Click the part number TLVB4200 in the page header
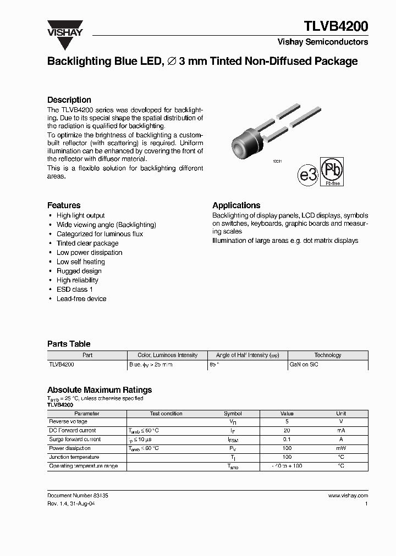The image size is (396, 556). (x=336, y=26)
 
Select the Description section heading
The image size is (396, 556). (x=69, y=100)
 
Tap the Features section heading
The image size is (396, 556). (x=64, y=205)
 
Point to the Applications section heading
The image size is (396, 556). (x=237, y=205)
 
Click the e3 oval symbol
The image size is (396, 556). (x=308, y=175)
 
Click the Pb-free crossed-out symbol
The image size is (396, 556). (x=332, y=171)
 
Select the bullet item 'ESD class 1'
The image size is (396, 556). (x=75, y=290)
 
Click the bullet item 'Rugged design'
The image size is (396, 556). (x=79, y=271)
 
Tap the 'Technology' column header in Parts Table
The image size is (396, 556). (x=328, y=355)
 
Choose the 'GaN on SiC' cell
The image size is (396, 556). (x=304, y=364)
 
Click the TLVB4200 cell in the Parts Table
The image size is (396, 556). (x=62, y=364)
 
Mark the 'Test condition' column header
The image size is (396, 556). (x=166, y=414)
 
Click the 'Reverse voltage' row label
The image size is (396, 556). (x=68, y=422)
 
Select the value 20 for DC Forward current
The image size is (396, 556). (x=287, y=431)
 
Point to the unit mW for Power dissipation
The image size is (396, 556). (x=341, y=448)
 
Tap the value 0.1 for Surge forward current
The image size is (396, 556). (x=287, y=440)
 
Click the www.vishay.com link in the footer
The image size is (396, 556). (x=348, y=496)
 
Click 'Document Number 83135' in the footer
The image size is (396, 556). (x=78, y=496)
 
